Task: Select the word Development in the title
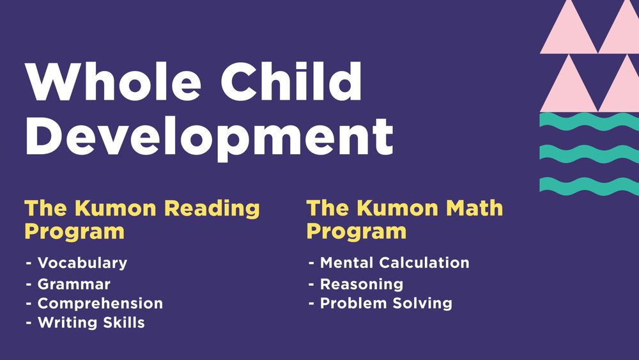[x=208, y=136]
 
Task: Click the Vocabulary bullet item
[x=82, y=263]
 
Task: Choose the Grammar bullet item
[x=73, y=284]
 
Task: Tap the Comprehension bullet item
[x=100, y=303]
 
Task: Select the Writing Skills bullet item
[x=91, y=323]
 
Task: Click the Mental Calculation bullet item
[x=394, y=263]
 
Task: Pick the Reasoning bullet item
[x=361, y=284]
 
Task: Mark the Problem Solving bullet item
[x=386, y=303]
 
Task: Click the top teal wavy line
[x=588, y=121]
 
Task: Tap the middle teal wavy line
[x=588, y=153]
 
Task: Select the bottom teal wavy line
[x=588, y=185]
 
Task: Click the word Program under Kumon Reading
[x=74, y=231]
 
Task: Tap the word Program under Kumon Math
[x=357, y=231]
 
